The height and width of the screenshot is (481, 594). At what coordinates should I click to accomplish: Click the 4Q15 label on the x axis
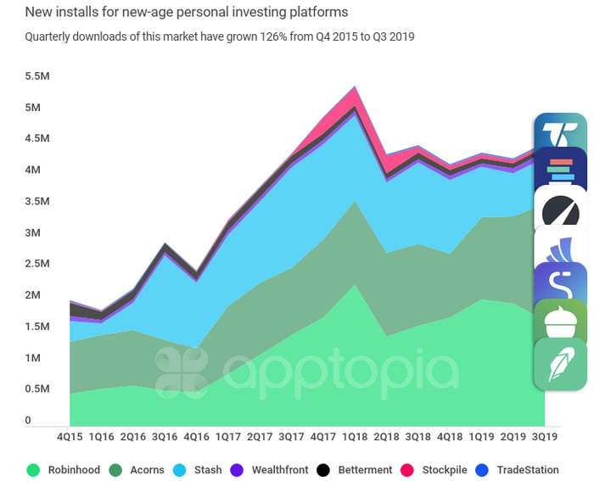click(70, 438)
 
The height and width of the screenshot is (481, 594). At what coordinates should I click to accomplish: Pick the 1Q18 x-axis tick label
click(355, 438)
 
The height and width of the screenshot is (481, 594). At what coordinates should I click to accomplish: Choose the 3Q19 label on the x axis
click(545, 438)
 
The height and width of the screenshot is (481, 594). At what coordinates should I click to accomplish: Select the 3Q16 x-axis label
click(165, 438)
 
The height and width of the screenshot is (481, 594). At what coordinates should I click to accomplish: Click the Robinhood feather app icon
click(560, 364)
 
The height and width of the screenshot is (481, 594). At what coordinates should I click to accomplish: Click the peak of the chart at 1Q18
click(355, 87)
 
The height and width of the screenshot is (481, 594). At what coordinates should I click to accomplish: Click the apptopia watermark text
click(339, 371)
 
